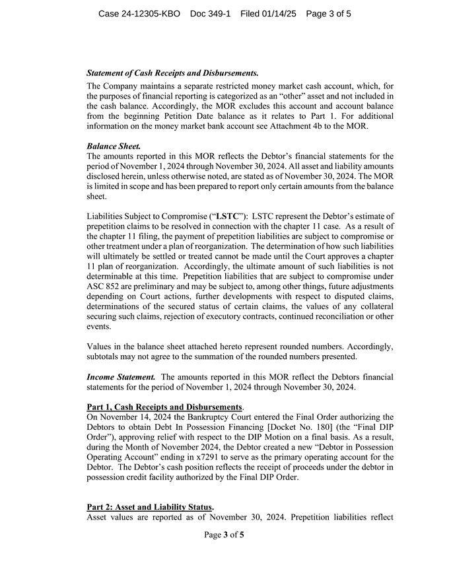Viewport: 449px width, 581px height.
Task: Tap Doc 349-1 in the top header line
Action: point(210,13)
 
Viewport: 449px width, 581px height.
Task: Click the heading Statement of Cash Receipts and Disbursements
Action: point(172,73)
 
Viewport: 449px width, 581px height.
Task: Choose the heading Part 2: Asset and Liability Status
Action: point(150,506)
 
